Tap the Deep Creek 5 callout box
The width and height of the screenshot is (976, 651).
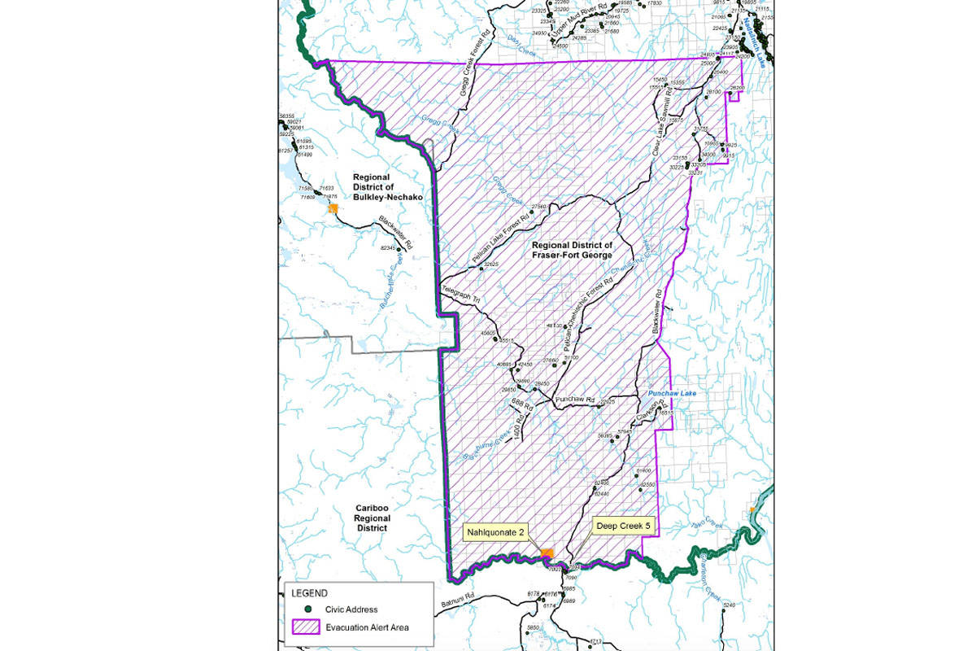pos(624,526)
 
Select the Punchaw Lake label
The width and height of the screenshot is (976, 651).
pos(672,394)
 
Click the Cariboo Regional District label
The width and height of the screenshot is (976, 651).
pos(373,518)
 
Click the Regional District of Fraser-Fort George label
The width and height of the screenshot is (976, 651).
pos(572,250)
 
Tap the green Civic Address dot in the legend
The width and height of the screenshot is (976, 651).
pos(309,609)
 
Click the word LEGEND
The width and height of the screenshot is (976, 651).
pos(312,593)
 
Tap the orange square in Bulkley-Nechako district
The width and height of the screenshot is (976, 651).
pos(333,208)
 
